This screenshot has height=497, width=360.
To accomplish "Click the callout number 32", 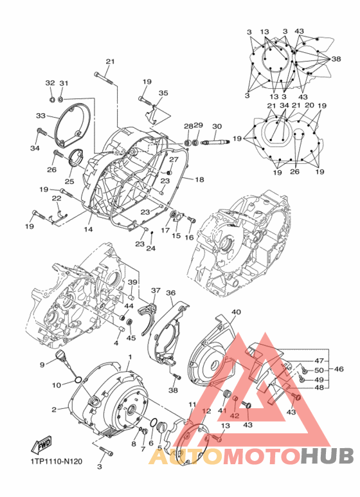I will pyautogui.click(x=50, y=84).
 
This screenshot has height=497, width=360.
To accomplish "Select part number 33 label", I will pyautogui.click(x=41, y=116).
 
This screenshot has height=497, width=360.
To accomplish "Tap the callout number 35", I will pyautogui.click(x=163, y=93).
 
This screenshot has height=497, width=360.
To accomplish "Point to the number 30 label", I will pyautogui.click(x=217, y=126).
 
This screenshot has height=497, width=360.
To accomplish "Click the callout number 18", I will pyautogui.click(x=199, y=179).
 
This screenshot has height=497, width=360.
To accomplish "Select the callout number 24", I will pyautogui.click(x=150, y=248).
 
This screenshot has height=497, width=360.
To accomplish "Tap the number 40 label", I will pyautogui.click(x=236, y=312).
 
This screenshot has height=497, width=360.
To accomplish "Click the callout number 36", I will pyautogui.click(x=170, y=293).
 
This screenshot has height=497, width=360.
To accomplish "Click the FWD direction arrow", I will pyautogui.click(x=39, y=446).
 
